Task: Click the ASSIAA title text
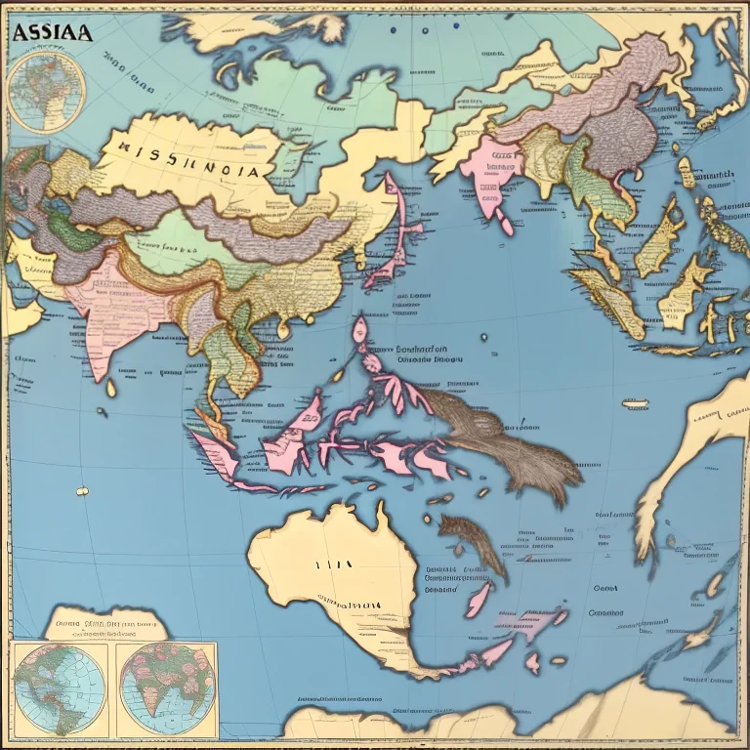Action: (x=53, y=33)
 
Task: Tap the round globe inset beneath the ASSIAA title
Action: (x=46, y=92)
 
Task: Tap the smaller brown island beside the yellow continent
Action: (x=475, y=542)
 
